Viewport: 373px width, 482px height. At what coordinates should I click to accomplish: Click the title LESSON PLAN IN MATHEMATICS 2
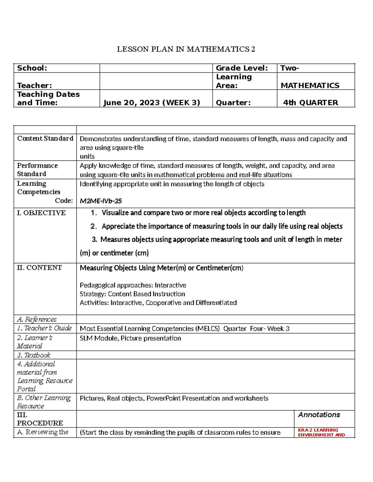[x=186, y=49]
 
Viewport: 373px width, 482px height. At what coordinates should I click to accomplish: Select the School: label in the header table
[x=32, y=68]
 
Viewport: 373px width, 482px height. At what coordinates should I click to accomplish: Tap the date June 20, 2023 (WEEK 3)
[x=152, y=103]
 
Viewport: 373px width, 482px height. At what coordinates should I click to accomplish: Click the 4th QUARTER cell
[x=311, y=103]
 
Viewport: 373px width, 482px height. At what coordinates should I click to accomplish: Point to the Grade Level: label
[x=242, y=68]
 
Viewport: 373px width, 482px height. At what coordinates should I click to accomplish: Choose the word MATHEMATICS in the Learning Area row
[x=310, y=86]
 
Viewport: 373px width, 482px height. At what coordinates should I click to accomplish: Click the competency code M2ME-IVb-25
[x=101, y=201]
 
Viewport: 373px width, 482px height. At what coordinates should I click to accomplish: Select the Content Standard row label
[x=45, y=138]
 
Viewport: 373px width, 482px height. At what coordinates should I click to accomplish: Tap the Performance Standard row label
[x=37, y=170]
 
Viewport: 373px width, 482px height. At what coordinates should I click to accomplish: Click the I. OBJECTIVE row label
[x=41, y=213]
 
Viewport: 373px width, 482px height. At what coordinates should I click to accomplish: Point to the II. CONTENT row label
[x=39, y=268]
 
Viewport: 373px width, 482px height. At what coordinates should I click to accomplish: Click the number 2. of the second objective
[x=94, y=227]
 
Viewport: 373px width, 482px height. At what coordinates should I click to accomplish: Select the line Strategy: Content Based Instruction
[x=132, y=294]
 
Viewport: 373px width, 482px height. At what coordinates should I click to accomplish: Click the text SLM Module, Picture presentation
[x=130, y=338]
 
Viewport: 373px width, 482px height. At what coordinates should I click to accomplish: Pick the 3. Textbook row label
[x=34, y=355]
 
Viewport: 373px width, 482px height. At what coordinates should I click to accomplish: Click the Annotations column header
[x=319, y=415]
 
